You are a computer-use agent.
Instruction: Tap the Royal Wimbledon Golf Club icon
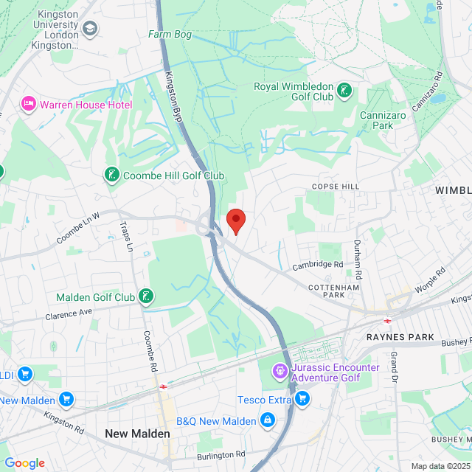pos(344,91)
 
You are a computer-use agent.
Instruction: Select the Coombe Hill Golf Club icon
pos(111,175)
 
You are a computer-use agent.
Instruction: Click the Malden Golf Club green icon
pos(146,296)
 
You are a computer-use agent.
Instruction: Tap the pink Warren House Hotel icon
pos(29,104)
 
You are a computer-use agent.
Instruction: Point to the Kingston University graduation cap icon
pos(90,28)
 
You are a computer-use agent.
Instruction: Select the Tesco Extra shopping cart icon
pos(302,399)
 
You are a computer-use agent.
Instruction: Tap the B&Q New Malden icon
pos(266,420)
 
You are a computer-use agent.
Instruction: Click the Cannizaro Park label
pos(386,120)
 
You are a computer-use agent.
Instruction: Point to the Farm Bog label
pos(170,34)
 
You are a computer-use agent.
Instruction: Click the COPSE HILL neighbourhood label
pos(336,187)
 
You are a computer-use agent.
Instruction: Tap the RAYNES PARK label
pos(397,336)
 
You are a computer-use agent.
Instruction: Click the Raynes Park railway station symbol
pos(386,321)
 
